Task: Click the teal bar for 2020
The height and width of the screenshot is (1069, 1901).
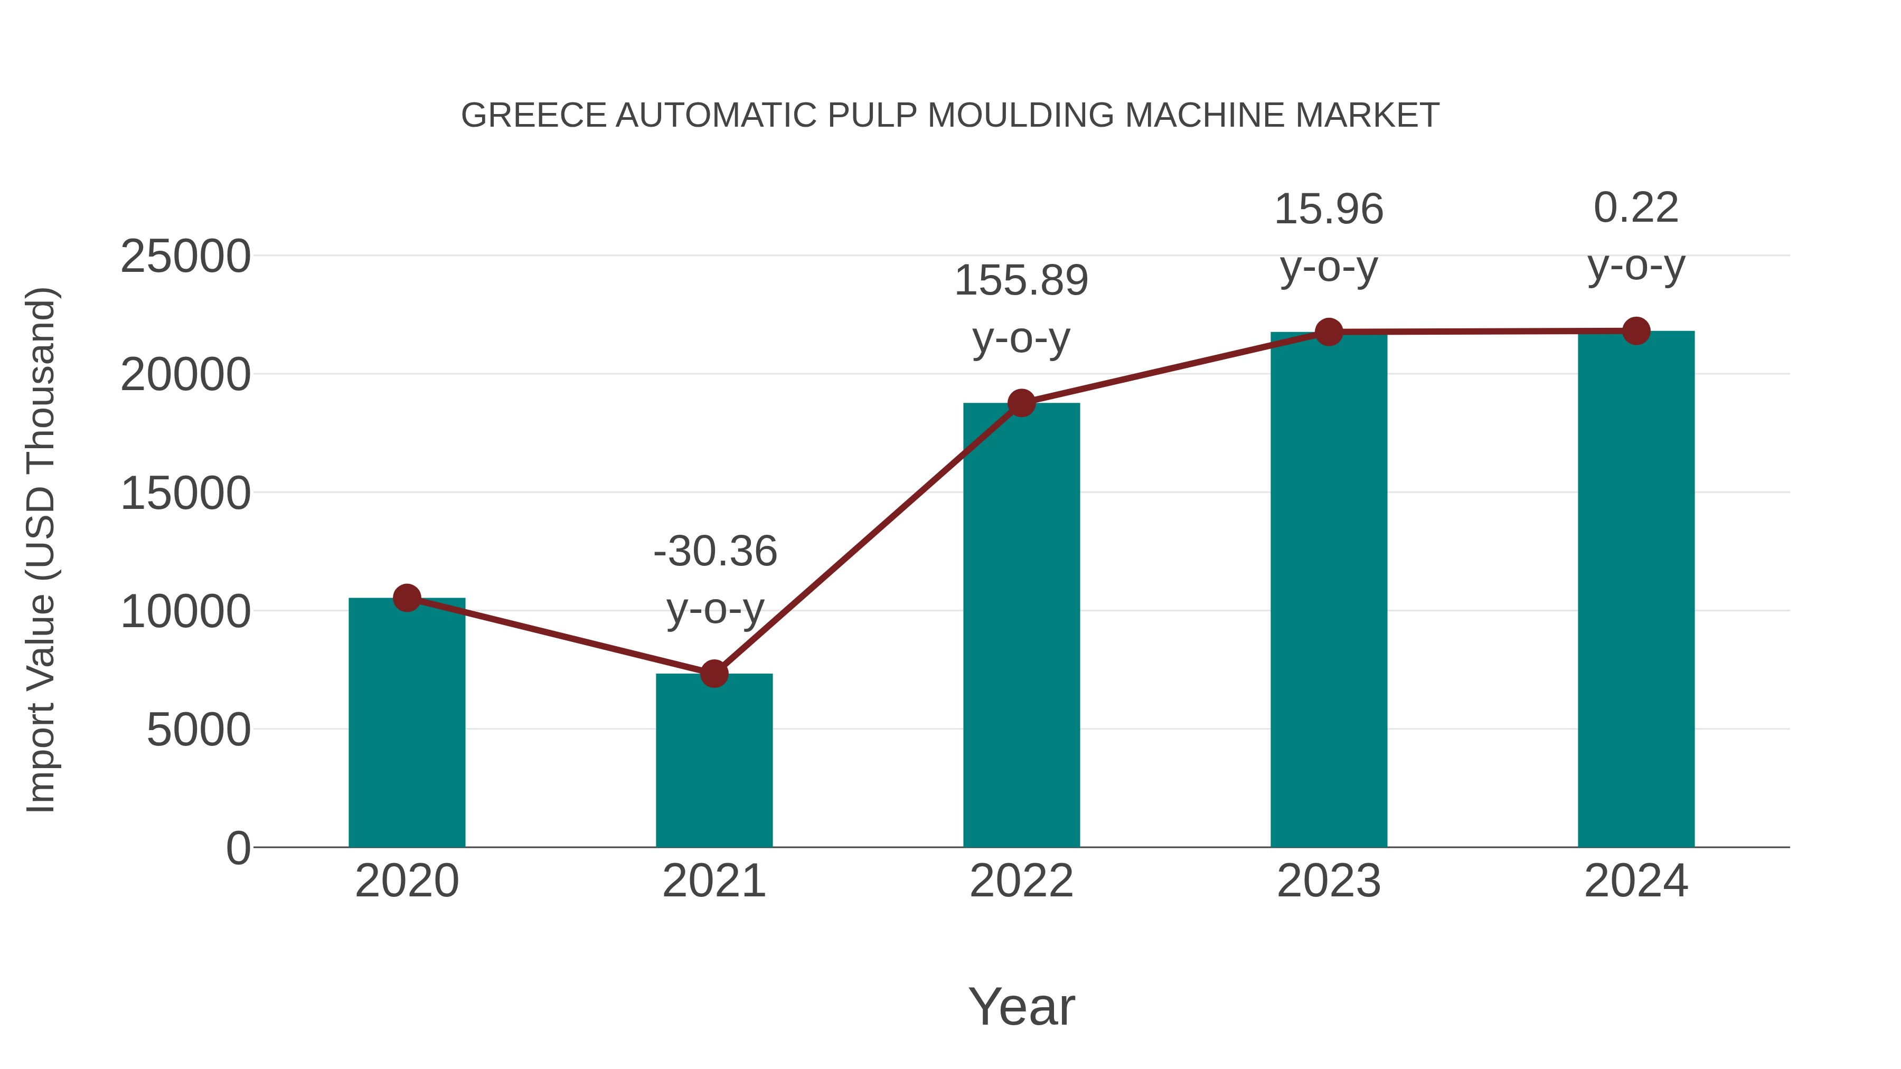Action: [x=407, y=723]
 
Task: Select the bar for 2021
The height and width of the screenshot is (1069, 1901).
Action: [x=713, y=760]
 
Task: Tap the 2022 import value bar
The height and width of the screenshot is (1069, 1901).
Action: [x=1021, y=627]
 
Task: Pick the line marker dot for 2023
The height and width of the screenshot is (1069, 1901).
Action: [x=1329, y=332]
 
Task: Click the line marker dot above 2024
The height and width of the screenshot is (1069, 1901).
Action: [x=1636, y=331]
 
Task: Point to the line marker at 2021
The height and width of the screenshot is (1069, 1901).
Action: [x=713, y=674]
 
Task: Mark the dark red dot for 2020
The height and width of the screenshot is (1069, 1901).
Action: [x=407, y=598]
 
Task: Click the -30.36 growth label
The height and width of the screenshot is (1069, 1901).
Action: [x=715, y=551]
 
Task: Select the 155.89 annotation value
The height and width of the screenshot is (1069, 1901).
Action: [x=1021, y=280]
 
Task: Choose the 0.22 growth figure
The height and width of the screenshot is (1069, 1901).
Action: [x=1636, y=207]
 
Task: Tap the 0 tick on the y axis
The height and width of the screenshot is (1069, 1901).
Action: [x=238, y=848]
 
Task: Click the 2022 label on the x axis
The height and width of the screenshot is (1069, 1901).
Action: [x=1021, y=881]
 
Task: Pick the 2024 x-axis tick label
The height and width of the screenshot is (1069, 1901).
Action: [x=1636, y=881]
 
